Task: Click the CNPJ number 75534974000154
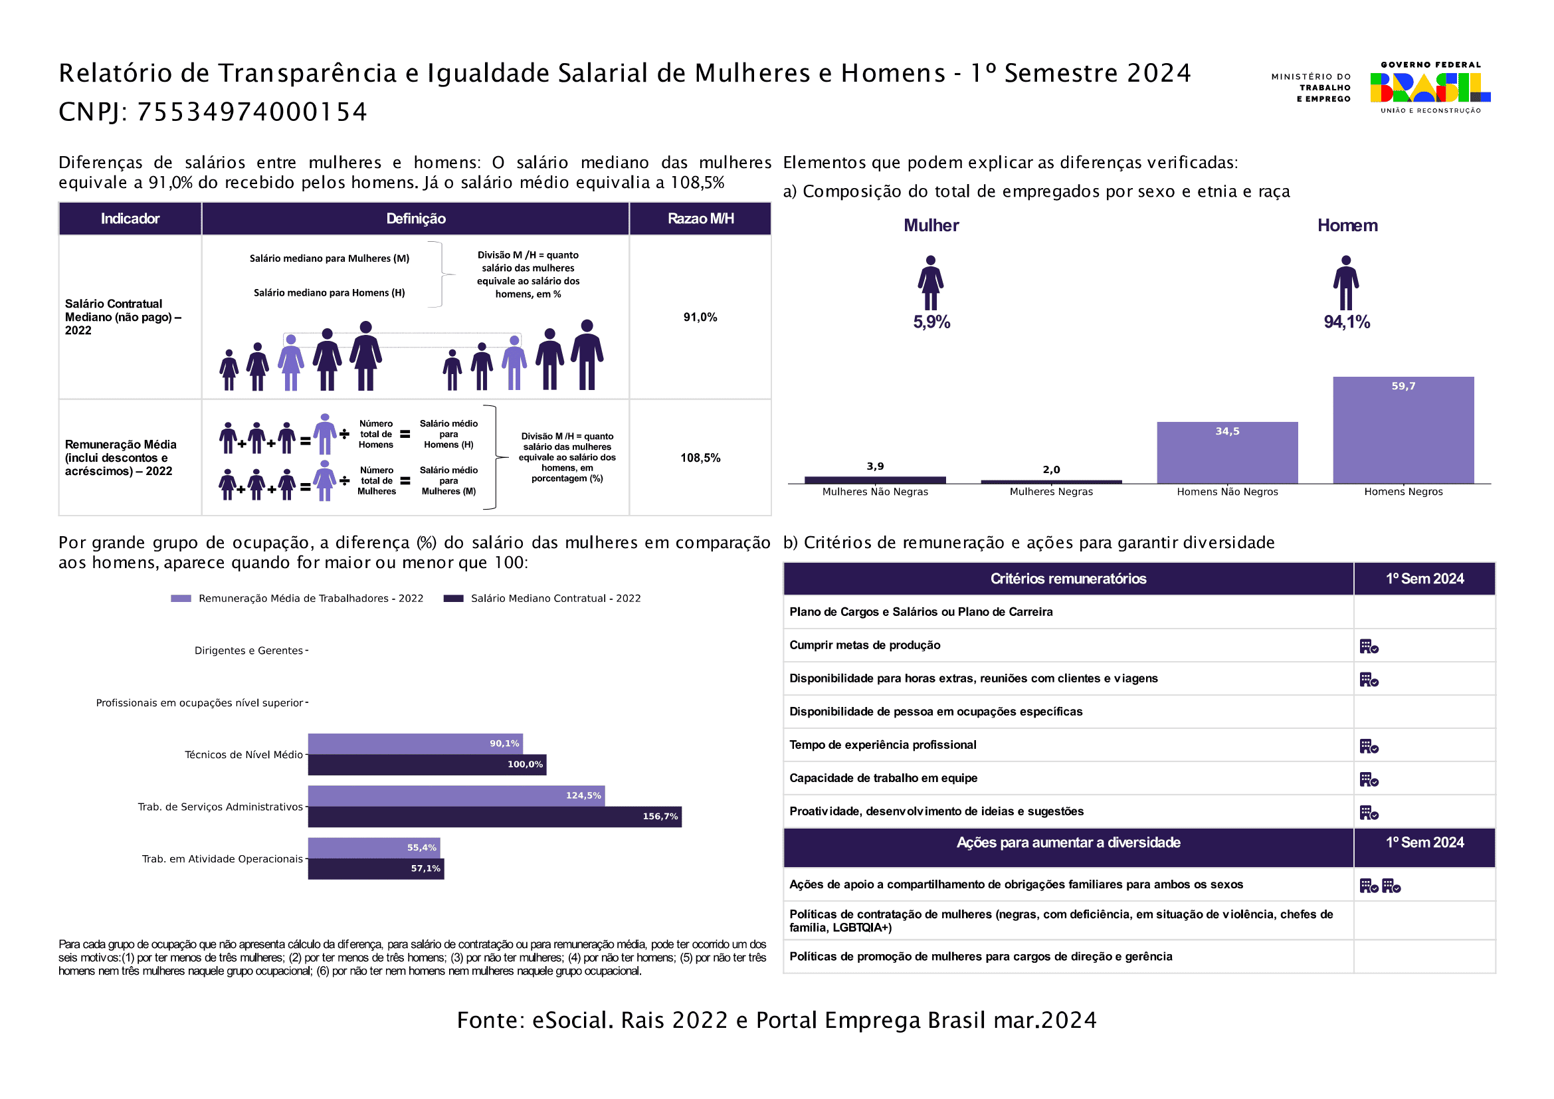[x=252, y=112]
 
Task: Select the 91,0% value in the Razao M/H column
[x=700, y=318]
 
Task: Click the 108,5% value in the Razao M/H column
[x=700, y=458]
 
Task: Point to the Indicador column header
[x=130, y=219]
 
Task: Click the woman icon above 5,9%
[x=931, y=283]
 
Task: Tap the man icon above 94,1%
[x=1346, y=283]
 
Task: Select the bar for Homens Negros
[x=1403, y=431]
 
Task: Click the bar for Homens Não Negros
[x=1227, y=452]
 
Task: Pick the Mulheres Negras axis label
[x=1051, y=492]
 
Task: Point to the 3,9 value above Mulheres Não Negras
[x=875, y=466]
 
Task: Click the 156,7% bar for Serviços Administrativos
[x=495, y=817]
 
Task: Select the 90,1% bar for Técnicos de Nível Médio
[x=415, y=744]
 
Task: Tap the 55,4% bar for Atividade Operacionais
[x=374, y=848]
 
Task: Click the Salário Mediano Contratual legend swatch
[x=454, y=598]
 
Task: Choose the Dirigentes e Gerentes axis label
[x=248, y=651]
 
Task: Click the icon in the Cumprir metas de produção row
[x=1369, y=647]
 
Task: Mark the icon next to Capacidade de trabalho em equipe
[x=1369, y=779]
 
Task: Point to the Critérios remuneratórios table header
[x=1068, y=579]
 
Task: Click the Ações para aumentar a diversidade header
[x=1068, y=843]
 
